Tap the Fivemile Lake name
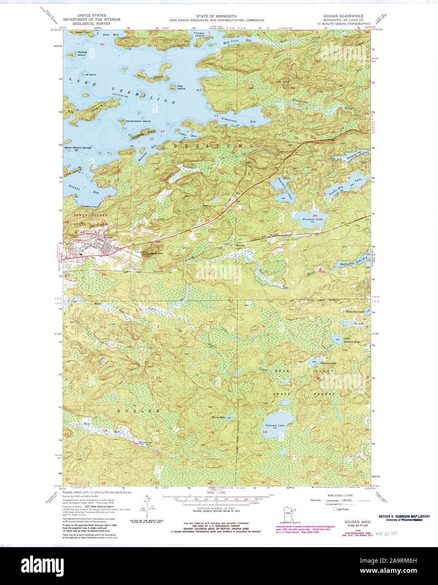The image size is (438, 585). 312,219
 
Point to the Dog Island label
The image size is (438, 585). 181,88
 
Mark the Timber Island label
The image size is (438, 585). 199,35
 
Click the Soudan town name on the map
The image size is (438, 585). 108,237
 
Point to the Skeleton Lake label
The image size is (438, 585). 328,363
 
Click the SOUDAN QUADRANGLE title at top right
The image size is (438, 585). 343,16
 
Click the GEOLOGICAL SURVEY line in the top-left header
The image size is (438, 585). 92,24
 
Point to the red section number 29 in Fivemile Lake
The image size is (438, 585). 314,215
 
